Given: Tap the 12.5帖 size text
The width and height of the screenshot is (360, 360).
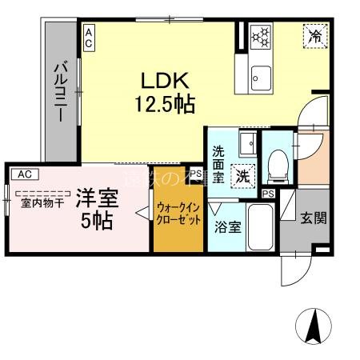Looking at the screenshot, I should (165, 104).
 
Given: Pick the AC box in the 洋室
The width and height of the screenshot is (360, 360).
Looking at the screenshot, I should (24, 173).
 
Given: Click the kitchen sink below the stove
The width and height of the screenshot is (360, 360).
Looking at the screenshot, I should (262, 77).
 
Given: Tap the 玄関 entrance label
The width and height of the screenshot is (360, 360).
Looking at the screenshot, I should (313, 218).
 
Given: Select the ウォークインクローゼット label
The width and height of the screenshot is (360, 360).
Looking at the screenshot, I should (178, 214).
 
